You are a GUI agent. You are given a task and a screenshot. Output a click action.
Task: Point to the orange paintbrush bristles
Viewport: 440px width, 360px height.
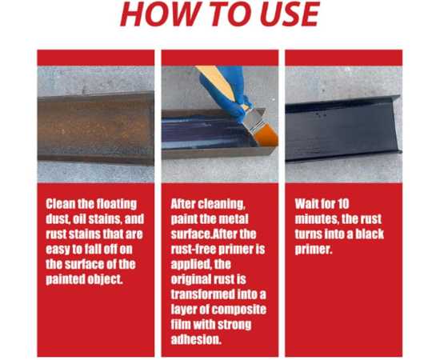point(267,134)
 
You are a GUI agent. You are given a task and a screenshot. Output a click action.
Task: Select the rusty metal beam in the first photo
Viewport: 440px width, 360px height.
point(96,128)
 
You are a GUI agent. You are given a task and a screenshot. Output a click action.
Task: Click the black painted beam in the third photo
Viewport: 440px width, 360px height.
point(343,129)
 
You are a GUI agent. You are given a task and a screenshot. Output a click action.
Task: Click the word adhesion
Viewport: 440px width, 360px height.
point(196,340)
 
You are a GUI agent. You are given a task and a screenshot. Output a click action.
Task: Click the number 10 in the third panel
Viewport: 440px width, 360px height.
point(343,204)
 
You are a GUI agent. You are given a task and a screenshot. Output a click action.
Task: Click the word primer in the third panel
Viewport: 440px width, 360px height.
point(313,250)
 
